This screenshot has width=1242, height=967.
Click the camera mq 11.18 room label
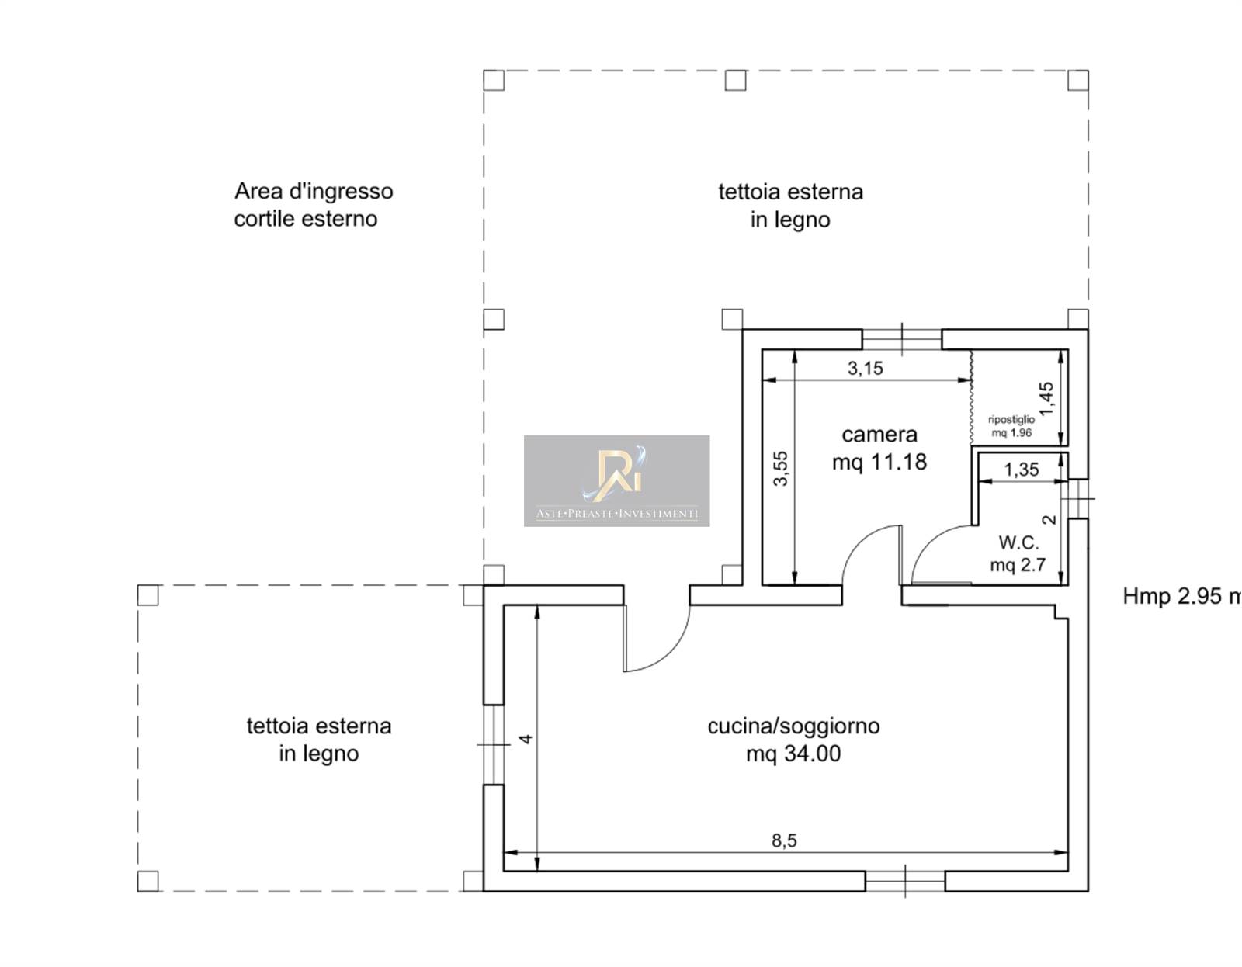click(x=879, y=449)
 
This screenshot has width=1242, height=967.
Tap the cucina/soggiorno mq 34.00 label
click(x=793, y=740)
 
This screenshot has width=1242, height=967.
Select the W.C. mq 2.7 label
click(x=1018, y=553)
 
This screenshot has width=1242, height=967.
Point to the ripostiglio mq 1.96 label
click(x=1011, y=426)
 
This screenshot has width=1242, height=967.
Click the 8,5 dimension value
click(x=784, y=840)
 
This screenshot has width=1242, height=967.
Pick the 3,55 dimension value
click(x=781, y=468)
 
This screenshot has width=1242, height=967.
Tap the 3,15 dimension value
click(x=866, y=369)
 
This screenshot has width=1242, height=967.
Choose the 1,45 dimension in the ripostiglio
click(x=1046, y=399)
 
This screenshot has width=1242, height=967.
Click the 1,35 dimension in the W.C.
click(x=1022, y=470)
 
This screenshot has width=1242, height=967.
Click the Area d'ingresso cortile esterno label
click(x=313, y=204)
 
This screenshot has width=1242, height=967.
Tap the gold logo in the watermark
click(x=616, y=474)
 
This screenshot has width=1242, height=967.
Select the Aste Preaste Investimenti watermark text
click(x=616, y=514)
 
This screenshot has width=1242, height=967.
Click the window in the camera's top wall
click(x=902, y=339)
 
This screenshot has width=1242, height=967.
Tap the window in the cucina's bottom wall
click(x=905, y=882)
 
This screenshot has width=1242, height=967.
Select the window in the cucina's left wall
click(x=494, y=745)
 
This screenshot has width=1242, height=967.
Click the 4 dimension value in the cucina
click(x=526, y=739)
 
